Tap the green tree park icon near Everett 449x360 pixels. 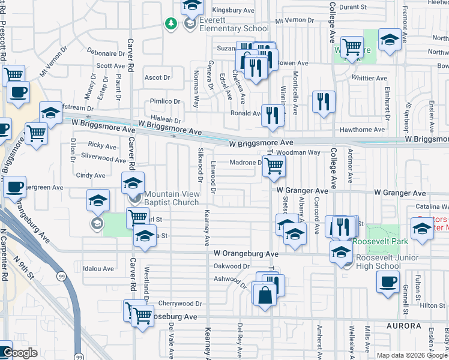[171, 24]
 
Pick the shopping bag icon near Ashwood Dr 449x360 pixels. [264, 295]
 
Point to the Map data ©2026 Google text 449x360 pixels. [412, 355]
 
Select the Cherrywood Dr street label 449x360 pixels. [181, 304]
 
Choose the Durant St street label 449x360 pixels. [352, 7]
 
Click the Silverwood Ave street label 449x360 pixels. [103, 158]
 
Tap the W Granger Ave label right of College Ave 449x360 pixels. [400, 193]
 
